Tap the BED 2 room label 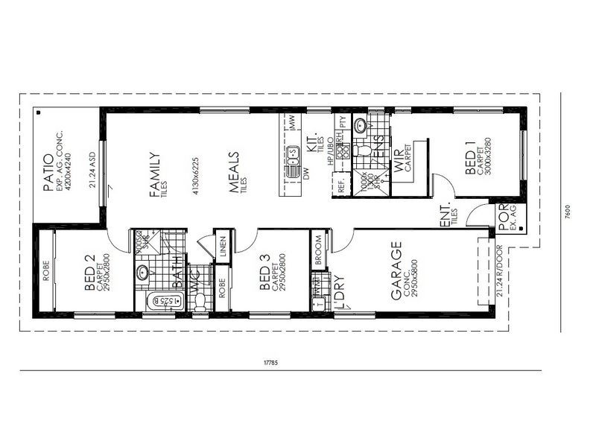(x=90, y=273)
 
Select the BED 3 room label (x=264, y=273)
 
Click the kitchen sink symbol (x=292, y=153)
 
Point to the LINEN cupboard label (x=223, y=248)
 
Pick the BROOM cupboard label (x=318, y=251)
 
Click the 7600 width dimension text (x=568, y=211)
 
